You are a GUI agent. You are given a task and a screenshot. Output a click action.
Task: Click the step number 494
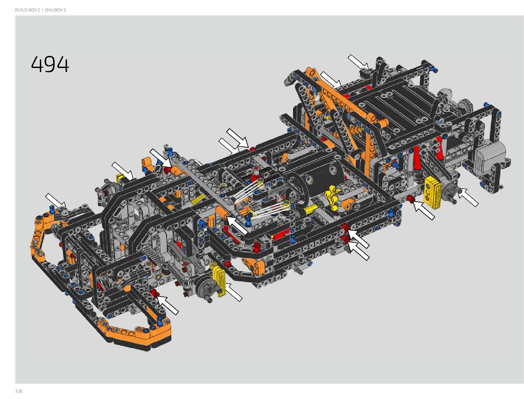[50, 64]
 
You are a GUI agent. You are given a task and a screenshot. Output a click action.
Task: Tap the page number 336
[19, 391]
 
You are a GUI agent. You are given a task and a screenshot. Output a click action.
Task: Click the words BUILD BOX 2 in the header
[27, 10]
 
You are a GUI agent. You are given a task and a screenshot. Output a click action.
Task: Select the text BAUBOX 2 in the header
[55, 10]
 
